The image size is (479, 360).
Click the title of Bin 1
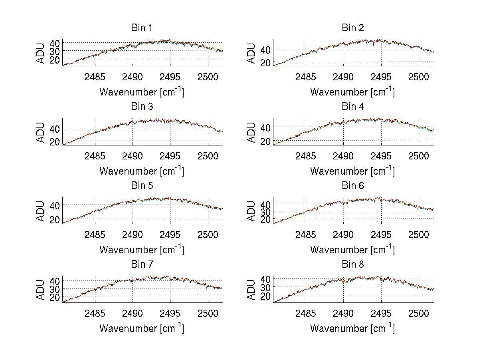[142, 28]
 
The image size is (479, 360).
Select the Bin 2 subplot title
[353, 28]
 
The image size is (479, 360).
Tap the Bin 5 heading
[142, 185]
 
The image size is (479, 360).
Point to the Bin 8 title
[353, 264]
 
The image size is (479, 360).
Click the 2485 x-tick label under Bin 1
[95, 77]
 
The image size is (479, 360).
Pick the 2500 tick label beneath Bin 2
[418, 77]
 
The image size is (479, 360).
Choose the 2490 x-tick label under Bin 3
[133, 155]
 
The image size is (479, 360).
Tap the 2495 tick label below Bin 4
[381, 155]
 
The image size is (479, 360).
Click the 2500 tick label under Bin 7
[208, 313]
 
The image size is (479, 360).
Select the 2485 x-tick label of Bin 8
[306, 313]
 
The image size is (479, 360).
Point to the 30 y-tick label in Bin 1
[55, 51]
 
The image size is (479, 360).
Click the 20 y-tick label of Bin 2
[266, 63]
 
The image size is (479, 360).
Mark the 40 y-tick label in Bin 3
[55, 128]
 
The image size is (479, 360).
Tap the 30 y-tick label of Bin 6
[266, 212]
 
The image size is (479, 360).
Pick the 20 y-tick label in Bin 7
[55, 297]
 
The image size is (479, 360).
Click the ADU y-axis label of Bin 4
[251, 132]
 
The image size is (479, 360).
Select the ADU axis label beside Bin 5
[41, 211]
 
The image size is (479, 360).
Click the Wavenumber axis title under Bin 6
[352, 249]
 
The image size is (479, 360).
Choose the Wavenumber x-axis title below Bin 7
[142, 328]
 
